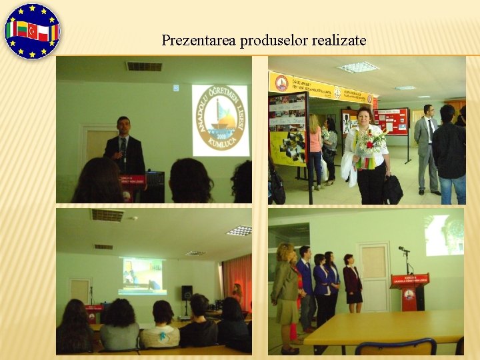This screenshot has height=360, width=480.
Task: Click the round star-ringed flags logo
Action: pos(32,31)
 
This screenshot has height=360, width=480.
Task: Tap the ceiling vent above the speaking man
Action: pos(144,66)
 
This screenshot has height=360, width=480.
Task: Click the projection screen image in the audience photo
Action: pos(141,275)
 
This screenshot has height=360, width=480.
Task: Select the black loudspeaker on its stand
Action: pos(187,293)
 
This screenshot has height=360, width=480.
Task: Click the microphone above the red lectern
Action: pos(404,251)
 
